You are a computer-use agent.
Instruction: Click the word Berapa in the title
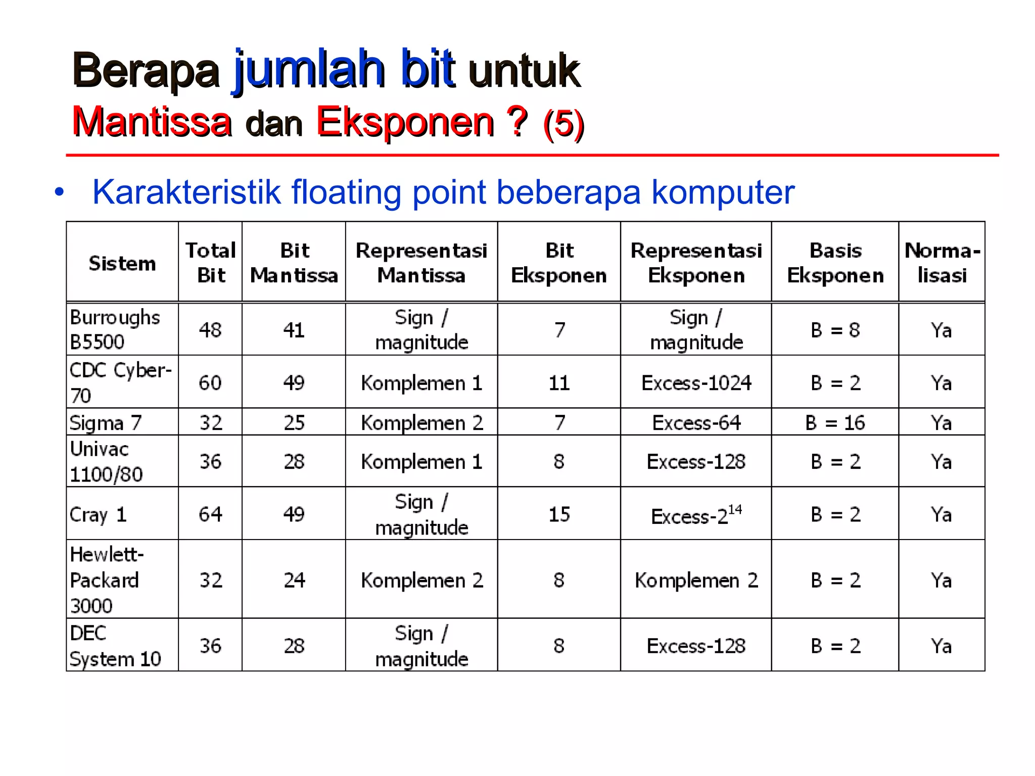click(146, 70)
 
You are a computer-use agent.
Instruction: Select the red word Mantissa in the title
click(152, 122)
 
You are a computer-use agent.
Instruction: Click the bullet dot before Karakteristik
click(60, 192)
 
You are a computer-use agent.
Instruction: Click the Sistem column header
click(122, 263)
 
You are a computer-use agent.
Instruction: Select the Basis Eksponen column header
click(835, 263)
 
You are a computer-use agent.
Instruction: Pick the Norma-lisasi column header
click(942, 263)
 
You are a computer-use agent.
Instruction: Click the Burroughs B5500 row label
click(115, 329)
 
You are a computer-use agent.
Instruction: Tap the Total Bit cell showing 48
click(210, 330)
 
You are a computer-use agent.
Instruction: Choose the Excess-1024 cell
click(696, 383)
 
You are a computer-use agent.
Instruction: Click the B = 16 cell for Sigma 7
click(835, 422)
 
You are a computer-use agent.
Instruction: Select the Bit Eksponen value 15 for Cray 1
click(559, 514)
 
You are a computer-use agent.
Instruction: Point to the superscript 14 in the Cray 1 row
click(735, 509)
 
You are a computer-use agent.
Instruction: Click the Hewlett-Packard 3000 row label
click(106, 579)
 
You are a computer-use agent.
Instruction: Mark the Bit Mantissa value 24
click(294, 580)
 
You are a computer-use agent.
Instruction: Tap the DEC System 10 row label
click(115, 646)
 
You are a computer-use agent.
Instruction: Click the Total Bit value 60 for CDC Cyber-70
click(210, 383)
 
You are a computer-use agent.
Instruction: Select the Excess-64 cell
click(696, 422)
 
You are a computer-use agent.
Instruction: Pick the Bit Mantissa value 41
click(294, 330)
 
